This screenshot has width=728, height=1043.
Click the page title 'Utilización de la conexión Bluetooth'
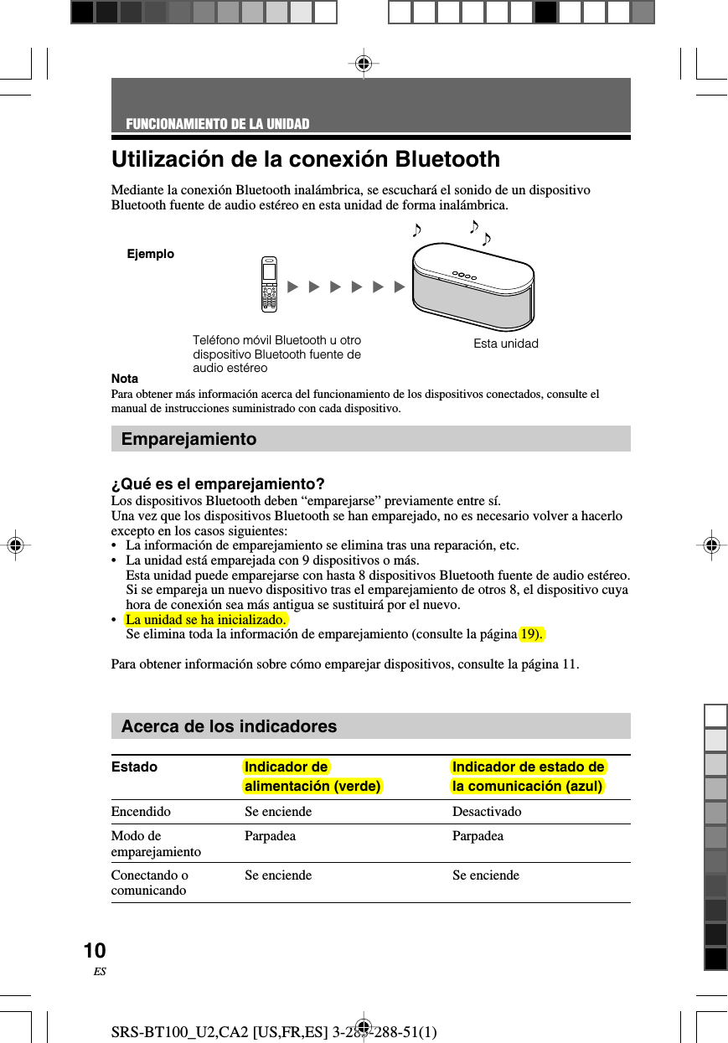pyautogui.click(x=306, y=159)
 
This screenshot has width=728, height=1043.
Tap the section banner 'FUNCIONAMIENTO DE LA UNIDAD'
pyautogui.click(x=218, y=125)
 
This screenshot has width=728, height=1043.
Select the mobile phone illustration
pyautogui.click(x=268, y=284)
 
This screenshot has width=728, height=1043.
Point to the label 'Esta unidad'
pyautogui.click(x=505, y=343)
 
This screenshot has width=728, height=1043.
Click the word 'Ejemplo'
pyautogui.click(x=151, y=254)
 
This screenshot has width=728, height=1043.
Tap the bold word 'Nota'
pyautogui.click(x=125, y=379)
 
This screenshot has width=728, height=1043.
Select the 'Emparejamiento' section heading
pyautogui.click(x=189, y=439)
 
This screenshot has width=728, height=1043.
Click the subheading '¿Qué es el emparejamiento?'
pyautogui.click(x=218, y=484)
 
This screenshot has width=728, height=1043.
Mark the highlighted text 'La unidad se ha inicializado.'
pyautogui.click(x=206, y=619)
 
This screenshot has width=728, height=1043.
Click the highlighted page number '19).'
pyautogui.click(x=531, y=633)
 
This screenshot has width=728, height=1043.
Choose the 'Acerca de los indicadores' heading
pyautogui.click(x=229, y=726)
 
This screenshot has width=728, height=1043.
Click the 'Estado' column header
pyautogui.click(x=134, y=767)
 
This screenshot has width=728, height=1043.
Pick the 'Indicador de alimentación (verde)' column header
pyautogui.click(x=312, y=777)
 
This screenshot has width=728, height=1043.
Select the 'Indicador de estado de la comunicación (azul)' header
pyautogui.click(x=528, y=777)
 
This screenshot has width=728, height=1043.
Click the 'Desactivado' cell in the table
pyautogui.click(x=487, y=812)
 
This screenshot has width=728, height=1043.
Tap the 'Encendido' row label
pyautogui.click(x=141, y=812)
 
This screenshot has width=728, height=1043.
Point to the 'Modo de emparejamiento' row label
pyautogui.click(x=156, y=844)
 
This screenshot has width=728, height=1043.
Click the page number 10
pyautogui.click(x=95, y=951)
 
